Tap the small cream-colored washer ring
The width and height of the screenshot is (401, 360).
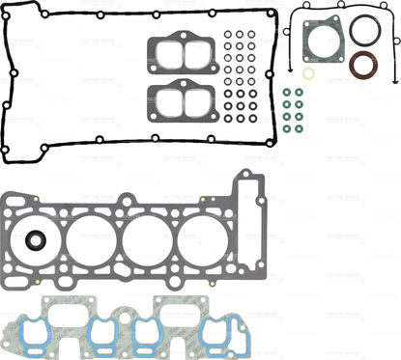click(x=307, y=73)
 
